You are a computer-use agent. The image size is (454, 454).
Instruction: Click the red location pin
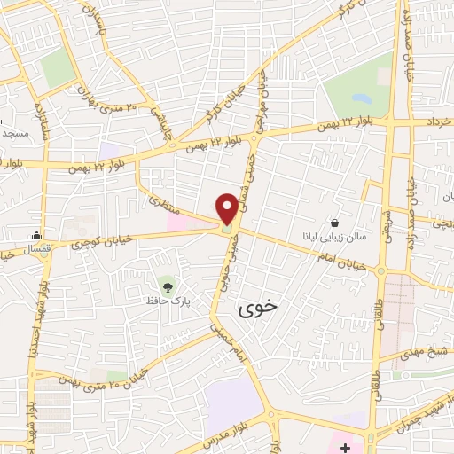coord(227,208)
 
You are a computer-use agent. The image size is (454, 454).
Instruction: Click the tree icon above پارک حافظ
coord(167,286)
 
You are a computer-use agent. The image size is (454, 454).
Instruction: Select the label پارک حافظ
coord(169,301)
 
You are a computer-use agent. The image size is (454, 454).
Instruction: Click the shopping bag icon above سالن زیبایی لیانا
coord(333,223)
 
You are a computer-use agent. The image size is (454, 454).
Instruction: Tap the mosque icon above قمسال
coord(36,236)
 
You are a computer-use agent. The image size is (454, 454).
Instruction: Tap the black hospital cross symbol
coord(345,445)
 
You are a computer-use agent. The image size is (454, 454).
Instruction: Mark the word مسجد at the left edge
coord(13,133)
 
